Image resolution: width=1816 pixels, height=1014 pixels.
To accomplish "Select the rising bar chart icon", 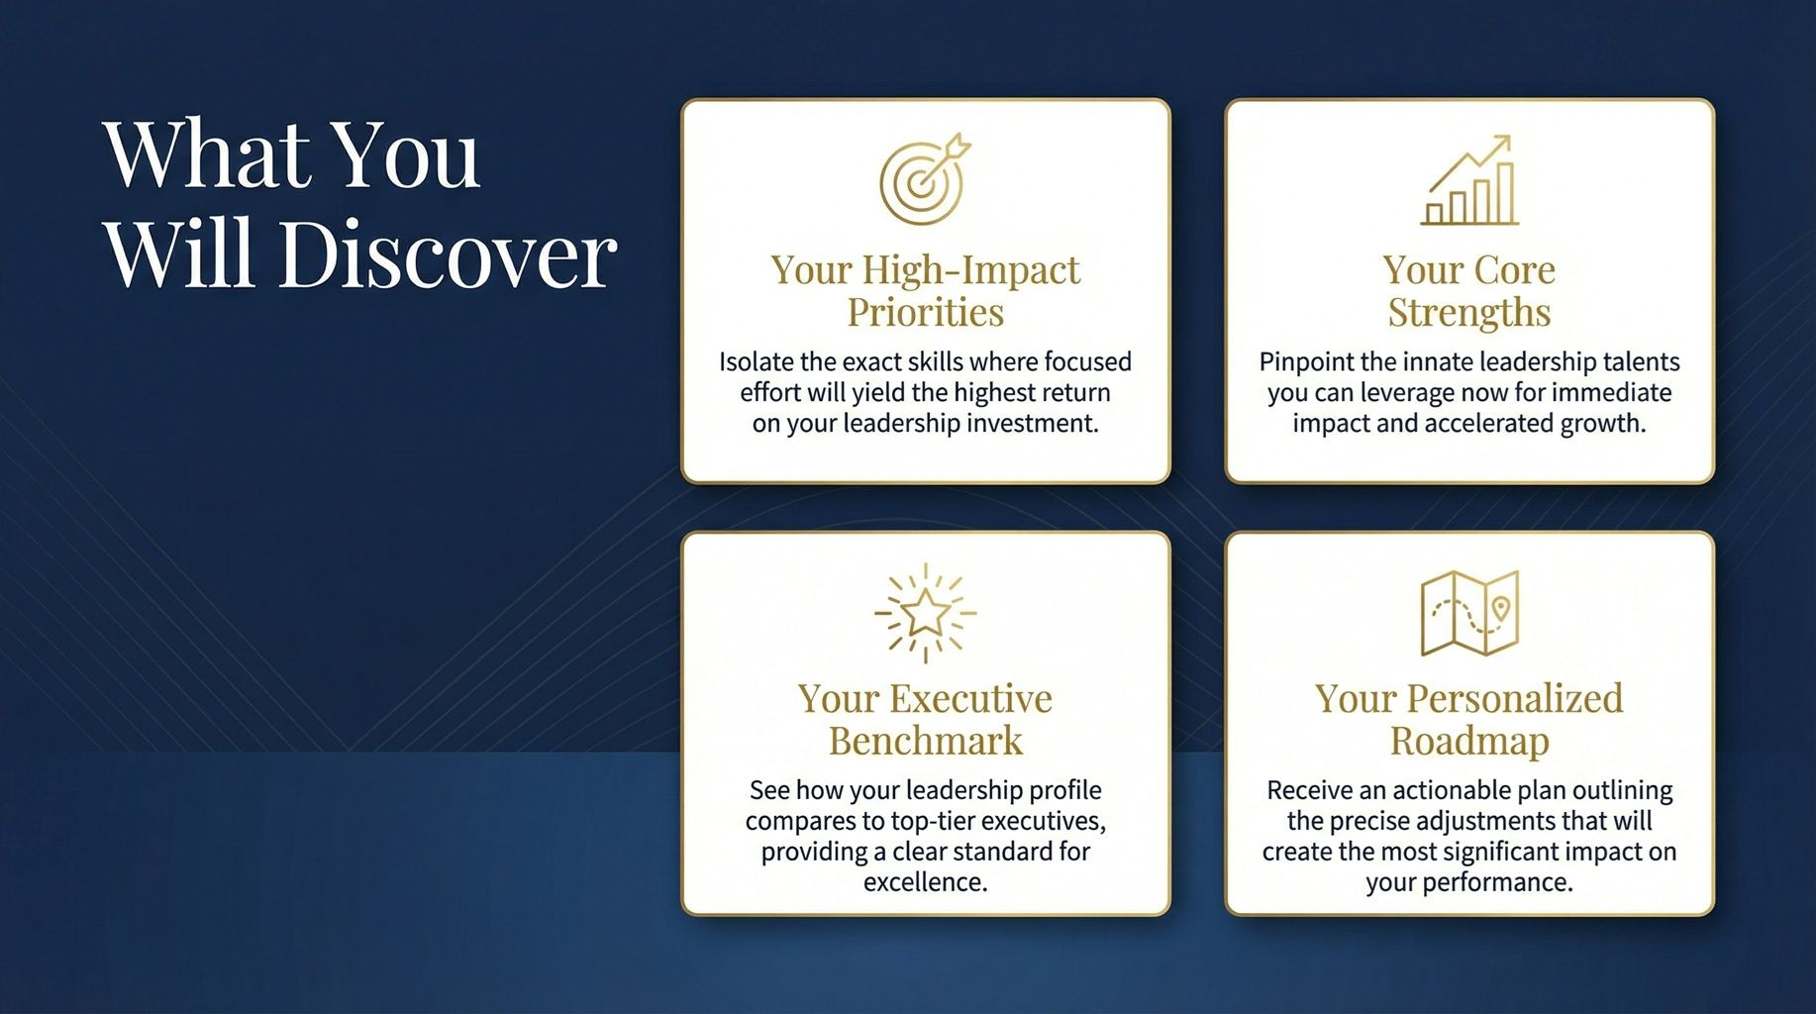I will coord(1469,181).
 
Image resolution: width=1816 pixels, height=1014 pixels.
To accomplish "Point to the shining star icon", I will coord(925,613).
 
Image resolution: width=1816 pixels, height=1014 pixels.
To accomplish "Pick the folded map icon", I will coord(1469,613).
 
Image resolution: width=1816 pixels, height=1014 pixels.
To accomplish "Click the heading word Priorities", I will coord(925,313).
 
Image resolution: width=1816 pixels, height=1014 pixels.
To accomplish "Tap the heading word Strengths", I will coord(1469,313).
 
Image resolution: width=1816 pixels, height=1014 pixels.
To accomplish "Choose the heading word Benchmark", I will coord(925,742).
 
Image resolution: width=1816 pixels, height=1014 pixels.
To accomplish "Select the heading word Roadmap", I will coord(1469,742).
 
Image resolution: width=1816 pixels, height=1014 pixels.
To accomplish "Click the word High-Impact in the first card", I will coord(970,270).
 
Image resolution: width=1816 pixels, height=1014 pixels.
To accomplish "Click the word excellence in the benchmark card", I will coord(925,882).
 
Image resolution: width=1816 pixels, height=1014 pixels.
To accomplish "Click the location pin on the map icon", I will coord(1501,607).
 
